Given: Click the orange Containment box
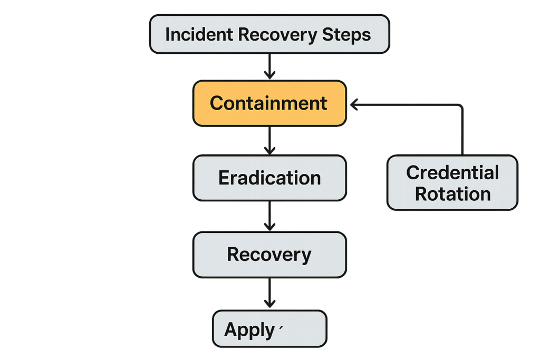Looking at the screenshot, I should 269,103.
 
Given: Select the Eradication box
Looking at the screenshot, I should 269,178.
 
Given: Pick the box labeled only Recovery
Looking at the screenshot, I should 269,255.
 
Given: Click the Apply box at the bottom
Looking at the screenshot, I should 269,329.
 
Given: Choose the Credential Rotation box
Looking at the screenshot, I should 452,183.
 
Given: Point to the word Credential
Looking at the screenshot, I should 452,172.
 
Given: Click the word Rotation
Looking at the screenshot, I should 452,194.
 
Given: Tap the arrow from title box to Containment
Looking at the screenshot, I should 269,66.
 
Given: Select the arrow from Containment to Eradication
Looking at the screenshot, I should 269,140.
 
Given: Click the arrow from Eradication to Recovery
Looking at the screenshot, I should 269,216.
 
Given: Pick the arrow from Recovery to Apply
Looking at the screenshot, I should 269,294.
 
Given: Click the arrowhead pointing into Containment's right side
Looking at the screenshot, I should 352,106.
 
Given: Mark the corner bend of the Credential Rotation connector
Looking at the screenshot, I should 461,107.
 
